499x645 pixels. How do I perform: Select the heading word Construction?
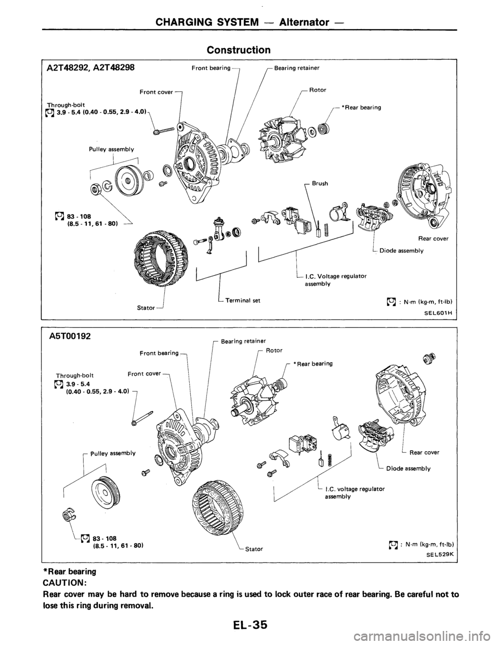(x=239, y=50)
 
